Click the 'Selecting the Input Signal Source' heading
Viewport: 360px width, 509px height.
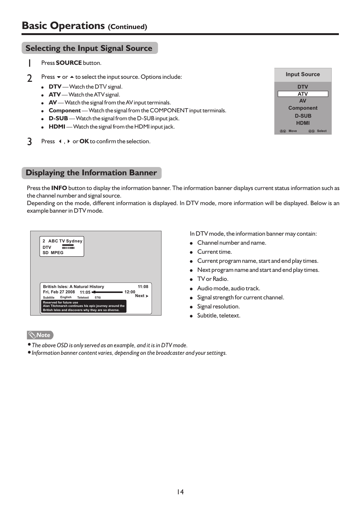(x=89, y=48)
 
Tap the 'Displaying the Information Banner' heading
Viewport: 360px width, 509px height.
(x=91, y=173)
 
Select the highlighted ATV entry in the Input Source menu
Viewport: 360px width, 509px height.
(x=303, y=94)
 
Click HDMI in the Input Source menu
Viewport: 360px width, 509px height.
(x=303, y=123)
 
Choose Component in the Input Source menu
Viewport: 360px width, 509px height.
(x=303, y=108)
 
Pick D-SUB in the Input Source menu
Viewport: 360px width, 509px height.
(x=303, y=116)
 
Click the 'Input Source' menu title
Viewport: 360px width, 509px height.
(x=303, y=74)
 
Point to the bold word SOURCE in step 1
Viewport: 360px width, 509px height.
(x=69, y=63)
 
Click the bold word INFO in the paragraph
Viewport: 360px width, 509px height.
(x=59, y=188)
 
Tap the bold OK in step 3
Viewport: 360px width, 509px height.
(x=84, y=141)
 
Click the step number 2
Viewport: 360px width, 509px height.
(x=29, y=78)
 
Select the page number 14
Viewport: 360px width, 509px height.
(x=180, y=492)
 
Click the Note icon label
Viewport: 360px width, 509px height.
(x=40, y=335)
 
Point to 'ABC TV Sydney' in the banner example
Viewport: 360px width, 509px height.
(x=65, y=241)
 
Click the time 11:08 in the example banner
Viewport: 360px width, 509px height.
(x=143, y=287)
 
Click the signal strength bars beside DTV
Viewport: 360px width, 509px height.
(x=68, y=247)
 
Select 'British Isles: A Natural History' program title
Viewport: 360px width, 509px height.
(x=73, y=287)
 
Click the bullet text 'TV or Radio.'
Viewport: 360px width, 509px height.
(x=212, y=279)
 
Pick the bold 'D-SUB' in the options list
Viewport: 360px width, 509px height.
(x=58, y=118)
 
